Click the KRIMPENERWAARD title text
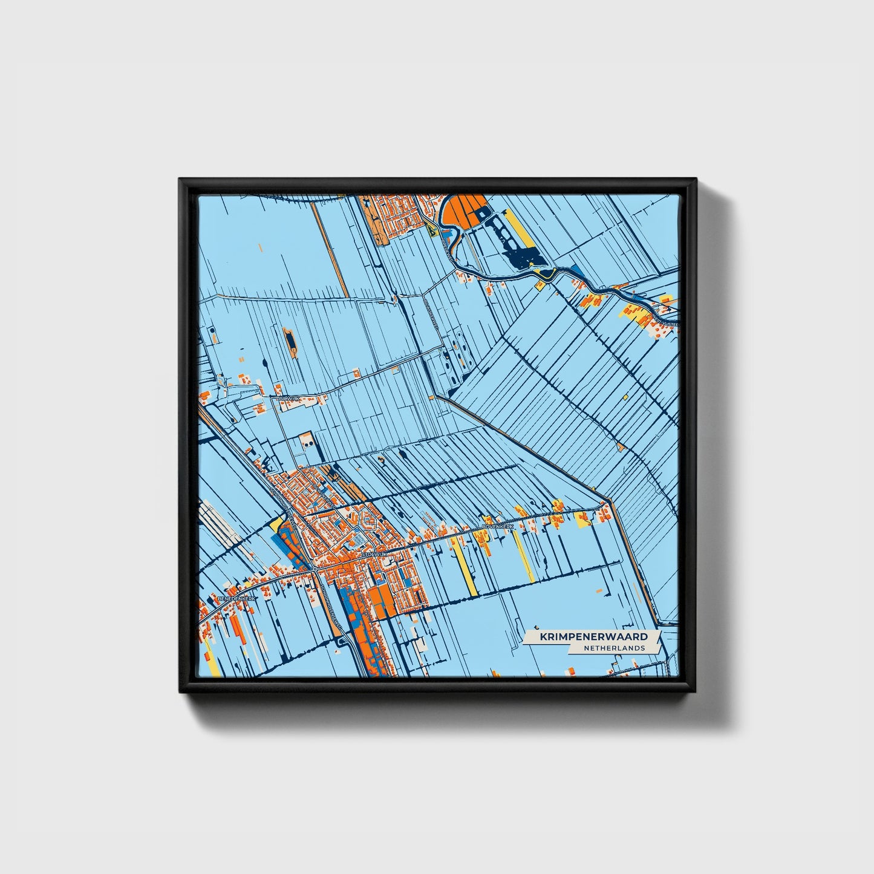(593, 637)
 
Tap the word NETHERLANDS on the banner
(613, 648)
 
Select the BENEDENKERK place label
(236, 598)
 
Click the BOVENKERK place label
(498, 527)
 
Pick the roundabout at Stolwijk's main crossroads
(316, 569)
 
